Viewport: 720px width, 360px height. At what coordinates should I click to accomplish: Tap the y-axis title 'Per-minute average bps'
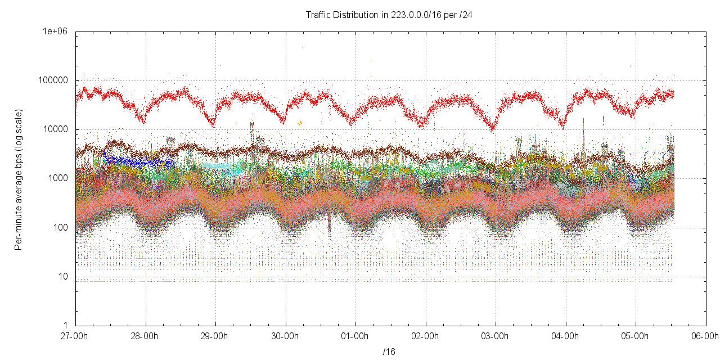pos(19,180)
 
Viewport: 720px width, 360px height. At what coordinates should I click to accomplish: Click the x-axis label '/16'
pos(389,352)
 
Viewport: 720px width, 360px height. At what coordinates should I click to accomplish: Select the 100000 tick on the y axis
pos(55,81)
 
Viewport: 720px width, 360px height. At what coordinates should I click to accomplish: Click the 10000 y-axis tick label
pos(57,130)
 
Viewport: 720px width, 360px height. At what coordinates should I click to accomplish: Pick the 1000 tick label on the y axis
pos(59,179)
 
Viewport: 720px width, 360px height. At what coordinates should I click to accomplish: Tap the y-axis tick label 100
pos(61,228)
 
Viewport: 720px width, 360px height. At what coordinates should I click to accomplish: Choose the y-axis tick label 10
pos(63,277)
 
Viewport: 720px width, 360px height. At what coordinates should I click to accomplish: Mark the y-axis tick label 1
pos(65,326)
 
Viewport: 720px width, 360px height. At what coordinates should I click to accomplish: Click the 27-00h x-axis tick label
pos(75,336)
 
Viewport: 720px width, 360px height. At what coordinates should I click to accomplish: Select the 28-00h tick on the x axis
pos(146,336)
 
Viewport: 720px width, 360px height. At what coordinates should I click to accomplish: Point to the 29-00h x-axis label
pos(215,336)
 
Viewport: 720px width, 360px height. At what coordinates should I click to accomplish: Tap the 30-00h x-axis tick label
pos(286,336)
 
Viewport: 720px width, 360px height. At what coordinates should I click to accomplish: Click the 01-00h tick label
pos(355,336)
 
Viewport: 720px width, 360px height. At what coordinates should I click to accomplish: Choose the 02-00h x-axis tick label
pos(426,336)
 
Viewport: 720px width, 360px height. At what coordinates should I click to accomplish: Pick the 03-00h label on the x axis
pos(496,336)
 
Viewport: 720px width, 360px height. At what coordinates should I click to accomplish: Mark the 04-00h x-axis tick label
pos(566,336)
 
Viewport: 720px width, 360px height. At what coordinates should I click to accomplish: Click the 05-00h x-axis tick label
pos(636,336)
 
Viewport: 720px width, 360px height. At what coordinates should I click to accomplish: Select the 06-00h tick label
pos(705,336)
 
